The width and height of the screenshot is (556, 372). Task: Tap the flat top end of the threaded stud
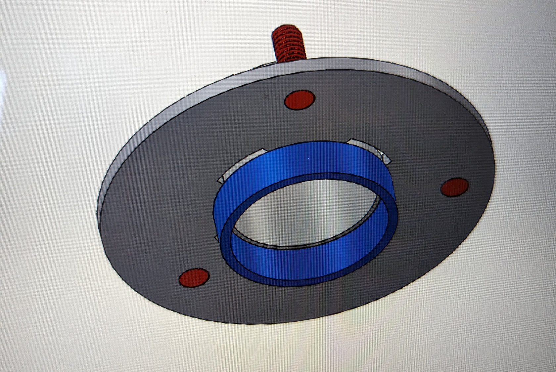[287, 29]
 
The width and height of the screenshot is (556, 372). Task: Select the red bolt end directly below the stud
[300, 99]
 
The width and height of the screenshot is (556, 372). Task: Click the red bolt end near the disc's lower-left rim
[194, 277]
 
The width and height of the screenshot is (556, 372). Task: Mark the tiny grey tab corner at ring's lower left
[216, 237]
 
